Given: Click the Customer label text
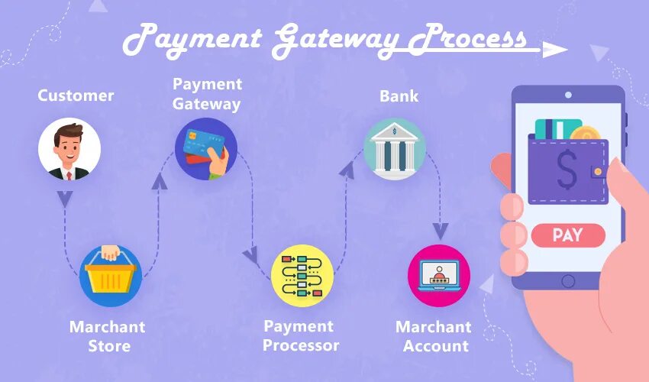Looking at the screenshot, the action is [76, 95].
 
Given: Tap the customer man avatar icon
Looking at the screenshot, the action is [69, 149].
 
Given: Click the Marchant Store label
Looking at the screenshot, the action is [107, 336].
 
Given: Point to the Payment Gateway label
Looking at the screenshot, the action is [206, 93].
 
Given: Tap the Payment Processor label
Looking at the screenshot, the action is [301, 335].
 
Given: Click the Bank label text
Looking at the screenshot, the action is [399, 96].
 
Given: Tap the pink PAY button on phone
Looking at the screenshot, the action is [567, 235].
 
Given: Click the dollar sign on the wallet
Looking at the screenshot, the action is [567, 170].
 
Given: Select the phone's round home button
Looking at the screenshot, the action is [567, 280].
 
